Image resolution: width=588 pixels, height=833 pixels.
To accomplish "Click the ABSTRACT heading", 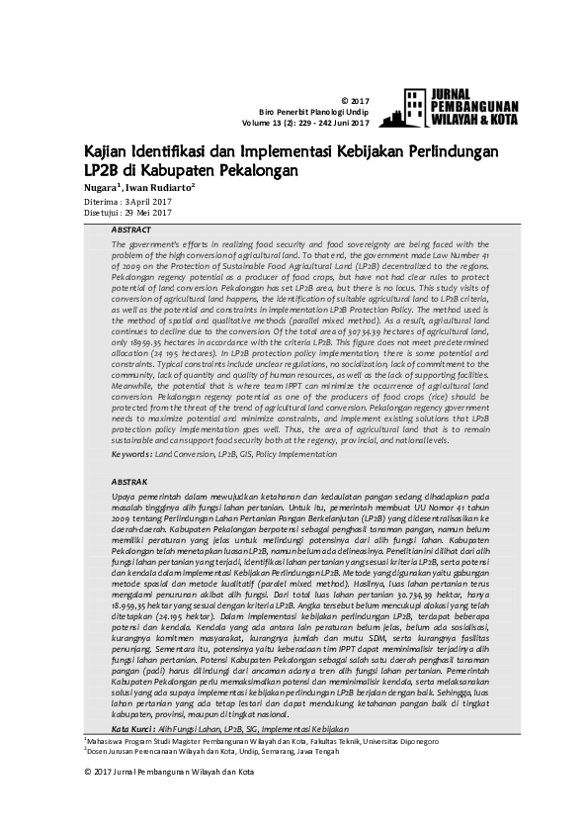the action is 132,230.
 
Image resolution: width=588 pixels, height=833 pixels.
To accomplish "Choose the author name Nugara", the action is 100,186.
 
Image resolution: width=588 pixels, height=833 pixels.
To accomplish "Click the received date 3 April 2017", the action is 145,200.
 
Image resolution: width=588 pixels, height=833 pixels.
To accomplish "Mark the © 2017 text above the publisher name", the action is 354,101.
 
